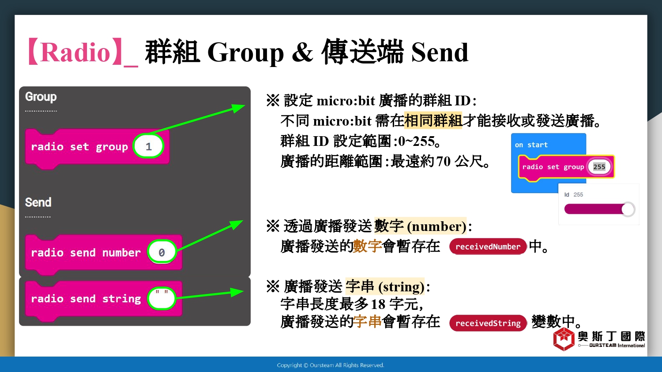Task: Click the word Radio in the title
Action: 75,52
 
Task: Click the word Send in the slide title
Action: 440,52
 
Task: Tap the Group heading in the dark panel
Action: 41,97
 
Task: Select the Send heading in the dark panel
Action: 38,202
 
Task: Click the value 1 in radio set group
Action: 148,146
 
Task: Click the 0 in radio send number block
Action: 162,252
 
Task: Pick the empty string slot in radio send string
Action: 162,298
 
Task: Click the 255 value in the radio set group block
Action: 599,167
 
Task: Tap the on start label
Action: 531,145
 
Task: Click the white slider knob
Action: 628,209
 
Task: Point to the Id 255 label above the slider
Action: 573,194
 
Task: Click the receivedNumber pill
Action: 488,246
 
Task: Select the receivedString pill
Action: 488,323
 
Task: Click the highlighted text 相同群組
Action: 433,121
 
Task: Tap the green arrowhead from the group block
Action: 238,108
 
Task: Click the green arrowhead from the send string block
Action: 237,292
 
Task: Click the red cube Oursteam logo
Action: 564,339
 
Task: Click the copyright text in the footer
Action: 331,365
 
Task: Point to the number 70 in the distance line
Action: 443,161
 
